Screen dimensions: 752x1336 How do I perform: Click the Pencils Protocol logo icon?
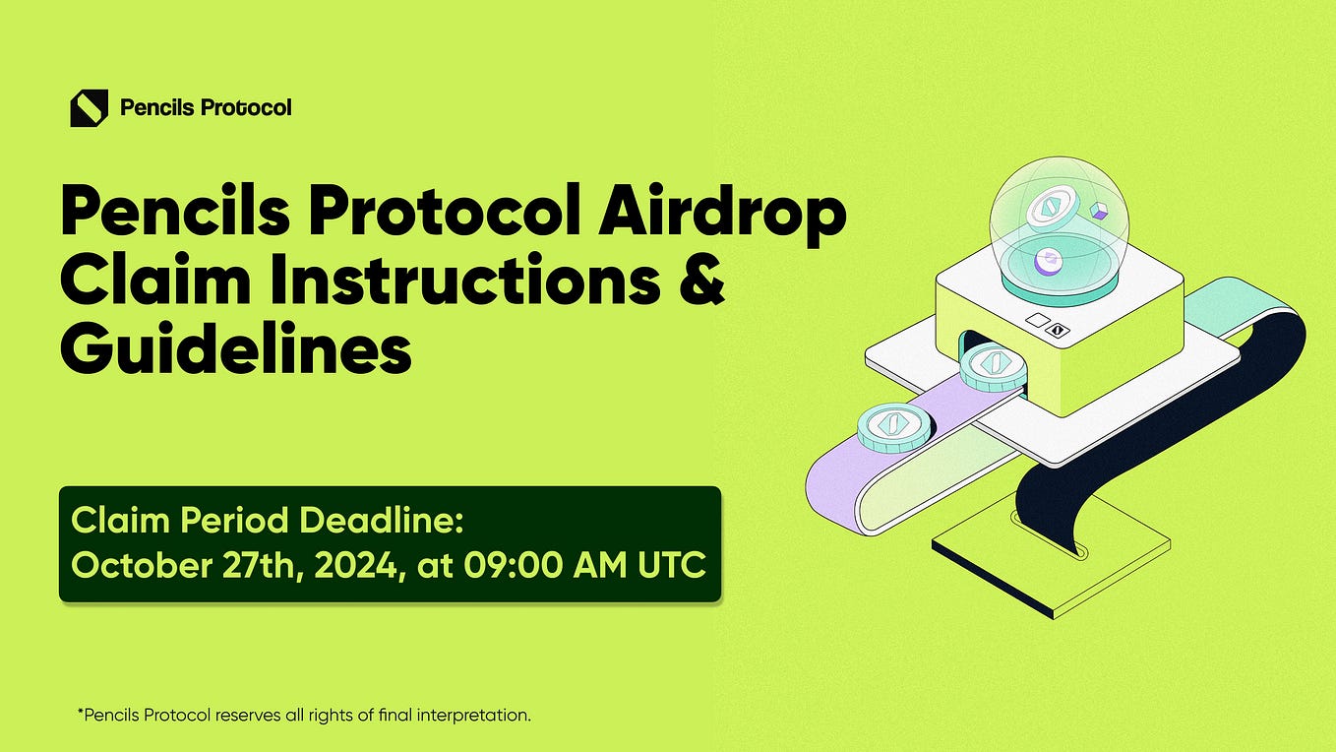89,107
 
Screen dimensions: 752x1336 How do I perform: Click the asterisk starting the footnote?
80,713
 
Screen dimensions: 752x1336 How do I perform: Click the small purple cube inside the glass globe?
1100,211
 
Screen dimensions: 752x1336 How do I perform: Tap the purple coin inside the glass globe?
1047,261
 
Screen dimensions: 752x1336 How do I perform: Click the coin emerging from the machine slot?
994,368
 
